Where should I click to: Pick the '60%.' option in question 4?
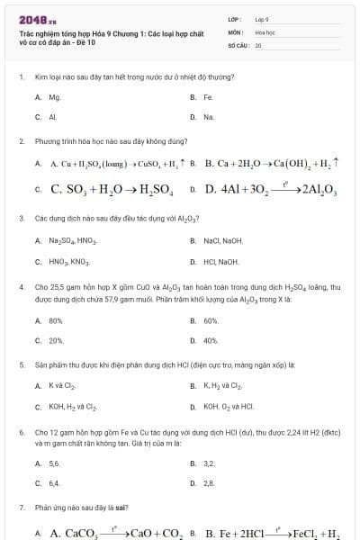[211, 319]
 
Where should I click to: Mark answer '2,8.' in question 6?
[209, 483]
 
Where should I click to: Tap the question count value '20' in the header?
[258, 44]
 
